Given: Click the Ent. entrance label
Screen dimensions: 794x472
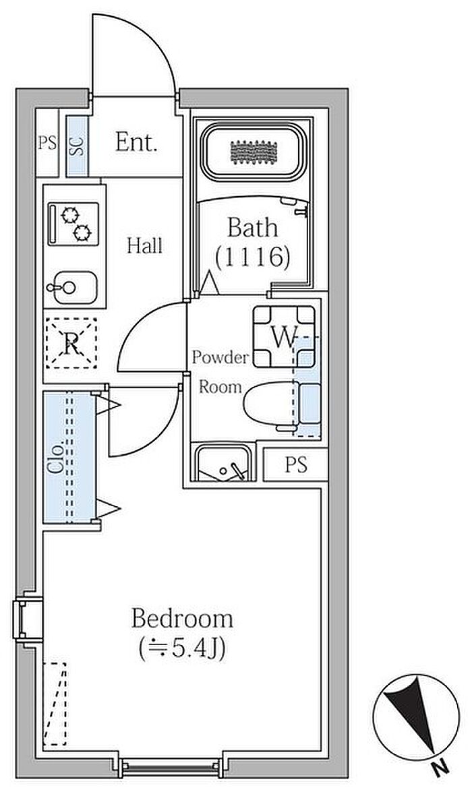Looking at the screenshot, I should pyautogui.click(x=136, y=142).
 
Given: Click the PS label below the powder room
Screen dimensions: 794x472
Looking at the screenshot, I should pyautogui.click(x=295, y=465).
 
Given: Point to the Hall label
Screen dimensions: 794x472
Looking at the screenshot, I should pyautogui.click(x=145, y=245).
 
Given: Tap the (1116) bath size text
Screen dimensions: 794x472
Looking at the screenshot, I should pyautogui.click(x=252, y=257).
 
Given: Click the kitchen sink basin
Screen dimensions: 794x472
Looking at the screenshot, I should pyautogui.click(x=72, y=288).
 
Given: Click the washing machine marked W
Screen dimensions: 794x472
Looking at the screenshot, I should pyautogui.click(x=284, y=336).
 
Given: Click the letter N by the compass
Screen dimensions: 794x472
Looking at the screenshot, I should pyautogui.click(x=439, y=765).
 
